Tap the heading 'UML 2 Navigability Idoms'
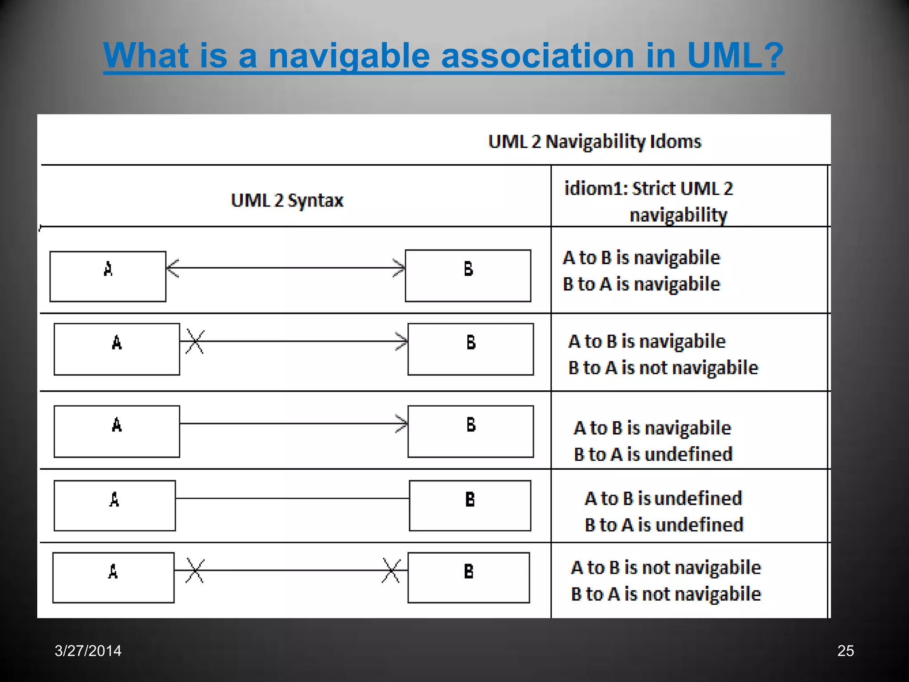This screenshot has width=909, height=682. coord(594,142)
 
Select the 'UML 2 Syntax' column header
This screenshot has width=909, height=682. coord(287,200)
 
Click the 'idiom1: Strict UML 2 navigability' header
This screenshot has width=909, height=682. coord(648,201)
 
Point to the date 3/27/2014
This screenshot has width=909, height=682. coord(88,650)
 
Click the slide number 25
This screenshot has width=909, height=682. coord(845,650)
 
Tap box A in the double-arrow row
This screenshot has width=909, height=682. coord(108,276)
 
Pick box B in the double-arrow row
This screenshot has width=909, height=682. coord(468,276)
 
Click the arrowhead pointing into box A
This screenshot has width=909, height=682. coord(173,268)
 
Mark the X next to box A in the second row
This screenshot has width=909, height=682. coord(195,341)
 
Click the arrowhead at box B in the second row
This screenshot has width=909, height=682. coord(402,341)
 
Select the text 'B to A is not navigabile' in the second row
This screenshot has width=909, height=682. coord(663,368)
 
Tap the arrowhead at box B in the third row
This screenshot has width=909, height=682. coord(402,424)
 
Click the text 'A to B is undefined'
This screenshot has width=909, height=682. coord(663,498)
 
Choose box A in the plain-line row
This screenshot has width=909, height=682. coord(115,506)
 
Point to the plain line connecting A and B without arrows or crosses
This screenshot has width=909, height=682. coord(292,498)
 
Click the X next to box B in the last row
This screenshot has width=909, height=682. coord(391,571)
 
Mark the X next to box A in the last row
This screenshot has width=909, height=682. coord(195,571)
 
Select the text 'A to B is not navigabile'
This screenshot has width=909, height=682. coord(666,567)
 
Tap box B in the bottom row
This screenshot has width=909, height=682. coord(468,578)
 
